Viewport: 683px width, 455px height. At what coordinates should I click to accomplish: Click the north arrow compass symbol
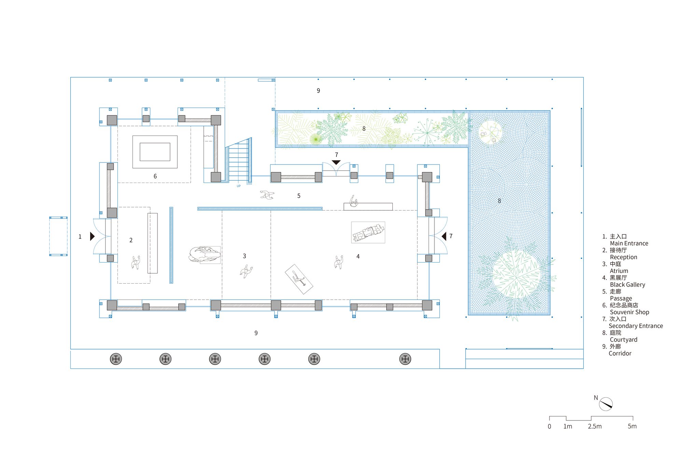click(x=605, y=404)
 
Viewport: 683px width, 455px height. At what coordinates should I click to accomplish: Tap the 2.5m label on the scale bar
click(x=595, y=426)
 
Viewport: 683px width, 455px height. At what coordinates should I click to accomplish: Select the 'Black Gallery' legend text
click(x=627, y=285)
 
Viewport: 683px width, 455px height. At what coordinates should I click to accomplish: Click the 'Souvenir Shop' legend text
click(x=629, y=312)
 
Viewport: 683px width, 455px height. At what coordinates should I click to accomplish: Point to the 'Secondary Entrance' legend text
click(x=636, y=326)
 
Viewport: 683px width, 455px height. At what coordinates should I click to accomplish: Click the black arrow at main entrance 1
click(x=92, y=236)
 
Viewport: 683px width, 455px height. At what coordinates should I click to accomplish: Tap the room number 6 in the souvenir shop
click(x=155, y=176)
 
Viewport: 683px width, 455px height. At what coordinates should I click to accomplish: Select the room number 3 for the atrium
click(x=244, y=256)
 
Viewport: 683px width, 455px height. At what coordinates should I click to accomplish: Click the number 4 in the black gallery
click(x=358, y=256)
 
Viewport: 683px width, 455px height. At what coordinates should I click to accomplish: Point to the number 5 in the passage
click(x=299, y=196)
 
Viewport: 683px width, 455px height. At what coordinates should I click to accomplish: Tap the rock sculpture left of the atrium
click(x=204, y=254)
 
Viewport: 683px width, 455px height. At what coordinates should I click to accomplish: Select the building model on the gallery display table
click(x=368, y=232)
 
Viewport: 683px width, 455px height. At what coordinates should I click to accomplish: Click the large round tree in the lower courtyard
click(x=516, y=275)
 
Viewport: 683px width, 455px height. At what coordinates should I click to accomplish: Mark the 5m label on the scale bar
click(x=632, y=426)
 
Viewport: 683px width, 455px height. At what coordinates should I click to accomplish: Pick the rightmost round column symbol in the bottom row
click(x=405, y=359)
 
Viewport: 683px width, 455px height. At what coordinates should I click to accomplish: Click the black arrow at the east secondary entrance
click(x=444, y=236)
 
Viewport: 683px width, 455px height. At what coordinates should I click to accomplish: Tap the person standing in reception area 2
click(x=136, y=262)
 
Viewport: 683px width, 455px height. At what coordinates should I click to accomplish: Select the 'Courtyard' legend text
click(x=624, y=340)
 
